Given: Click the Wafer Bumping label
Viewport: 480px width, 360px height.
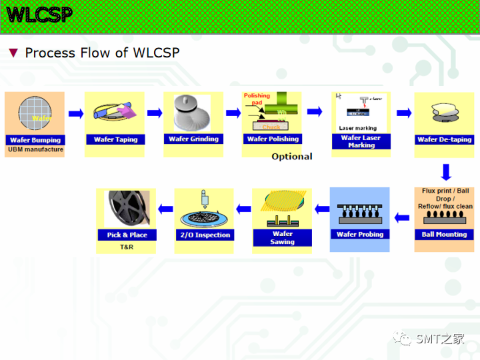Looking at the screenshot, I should tap(35, 140).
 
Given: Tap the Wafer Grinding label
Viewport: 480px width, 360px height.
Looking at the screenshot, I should tap(194, 139).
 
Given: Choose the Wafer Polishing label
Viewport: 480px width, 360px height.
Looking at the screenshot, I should tap(273, 139).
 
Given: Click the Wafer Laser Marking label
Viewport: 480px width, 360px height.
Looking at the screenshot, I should tap(361, 142).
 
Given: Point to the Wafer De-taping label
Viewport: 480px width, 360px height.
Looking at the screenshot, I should tap(444, 140).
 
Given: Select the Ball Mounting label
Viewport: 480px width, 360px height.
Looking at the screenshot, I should tap(444, 234).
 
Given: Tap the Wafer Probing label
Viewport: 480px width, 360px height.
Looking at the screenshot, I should tap(360, 234).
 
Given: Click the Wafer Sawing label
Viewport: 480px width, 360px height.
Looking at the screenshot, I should tap(282, 238).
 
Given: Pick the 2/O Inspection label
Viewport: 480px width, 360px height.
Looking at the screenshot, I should tap(205, 235).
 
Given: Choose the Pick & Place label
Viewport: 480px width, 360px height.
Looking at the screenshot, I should tap(127, 235).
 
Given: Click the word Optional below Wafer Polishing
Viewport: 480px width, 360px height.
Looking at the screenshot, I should tap(292, 157).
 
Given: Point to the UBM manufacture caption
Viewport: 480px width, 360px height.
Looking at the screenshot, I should tap(36, 150).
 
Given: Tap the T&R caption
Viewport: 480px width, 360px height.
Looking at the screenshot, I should tap(127, 247).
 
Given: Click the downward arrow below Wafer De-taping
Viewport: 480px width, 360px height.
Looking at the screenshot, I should tap(446, 172).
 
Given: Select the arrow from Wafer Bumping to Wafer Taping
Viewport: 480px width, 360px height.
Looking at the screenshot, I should tap(75, 113).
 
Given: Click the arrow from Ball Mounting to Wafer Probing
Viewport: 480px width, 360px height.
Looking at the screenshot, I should tap(402, 217).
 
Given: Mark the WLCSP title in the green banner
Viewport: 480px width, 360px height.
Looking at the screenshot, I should tap(40, 15).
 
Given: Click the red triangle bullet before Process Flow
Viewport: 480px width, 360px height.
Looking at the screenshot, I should tap(14, 53).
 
